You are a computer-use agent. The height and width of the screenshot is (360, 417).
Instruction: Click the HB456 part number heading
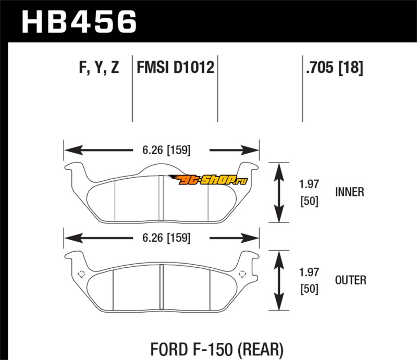(x=79, y=22)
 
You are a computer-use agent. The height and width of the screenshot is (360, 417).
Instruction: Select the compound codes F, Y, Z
(x=99, y=67)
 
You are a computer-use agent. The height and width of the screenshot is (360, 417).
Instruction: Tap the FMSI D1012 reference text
(x=175, y=67)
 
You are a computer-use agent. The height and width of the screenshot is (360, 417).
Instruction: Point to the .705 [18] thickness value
(x=334, y=67)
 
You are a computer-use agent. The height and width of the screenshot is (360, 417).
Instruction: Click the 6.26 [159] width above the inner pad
(x=166, y=150)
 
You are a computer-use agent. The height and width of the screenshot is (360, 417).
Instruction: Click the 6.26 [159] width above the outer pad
(x=166, y=238)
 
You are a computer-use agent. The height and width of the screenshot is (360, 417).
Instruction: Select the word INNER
(x=349, y=192)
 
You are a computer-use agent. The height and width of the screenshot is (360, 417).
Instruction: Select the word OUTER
(x=350, y=280)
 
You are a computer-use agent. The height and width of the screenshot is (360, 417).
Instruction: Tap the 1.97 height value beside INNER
(x=309, y=184)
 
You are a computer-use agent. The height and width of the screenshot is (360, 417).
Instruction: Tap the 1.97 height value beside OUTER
(x=309, y=272)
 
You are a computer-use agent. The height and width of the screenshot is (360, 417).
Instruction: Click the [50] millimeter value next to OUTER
(x=309, y=289)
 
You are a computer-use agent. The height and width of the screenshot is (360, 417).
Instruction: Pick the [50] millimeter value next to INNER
(x=309, y=201)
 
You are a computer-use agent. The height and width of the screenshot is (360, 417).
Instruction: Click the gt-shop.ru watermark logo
(x=207, y=180)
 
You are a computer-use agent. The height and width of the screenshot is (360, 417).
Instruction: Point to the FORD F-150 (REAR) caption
(x=217, y=349)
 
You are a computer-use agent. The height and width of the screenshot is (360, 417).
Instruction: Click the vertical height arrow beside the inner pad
(x=279, y=192)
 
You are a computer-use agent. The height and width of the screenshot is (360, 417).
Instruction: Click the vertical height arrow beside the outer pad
(x=279, y=280)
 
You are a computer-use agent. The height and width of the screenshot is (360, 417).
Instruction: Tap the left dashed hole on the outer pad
(x=81, y=274)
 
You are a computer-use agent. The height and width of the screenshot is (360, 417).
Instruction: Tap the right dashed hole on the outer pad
(x=242, y=274)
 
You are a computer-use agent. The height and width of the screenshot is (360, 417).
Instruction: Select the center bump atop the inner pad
(x=161, y=169)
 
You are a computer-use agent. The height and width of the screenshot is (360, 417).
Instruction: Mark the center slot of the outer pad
(x=161, y=287)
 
